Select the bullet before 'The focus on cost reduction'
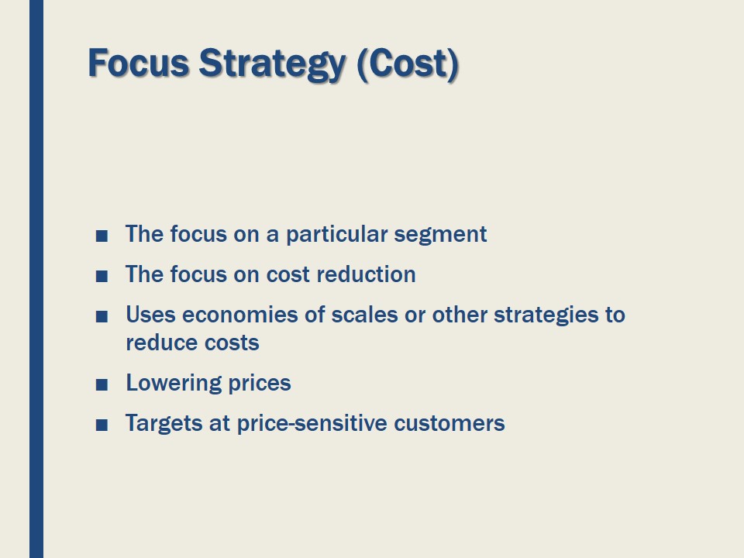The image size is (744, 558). point(101,276)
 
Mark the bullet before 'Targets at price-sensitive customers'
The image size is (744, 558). point(101,425)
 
